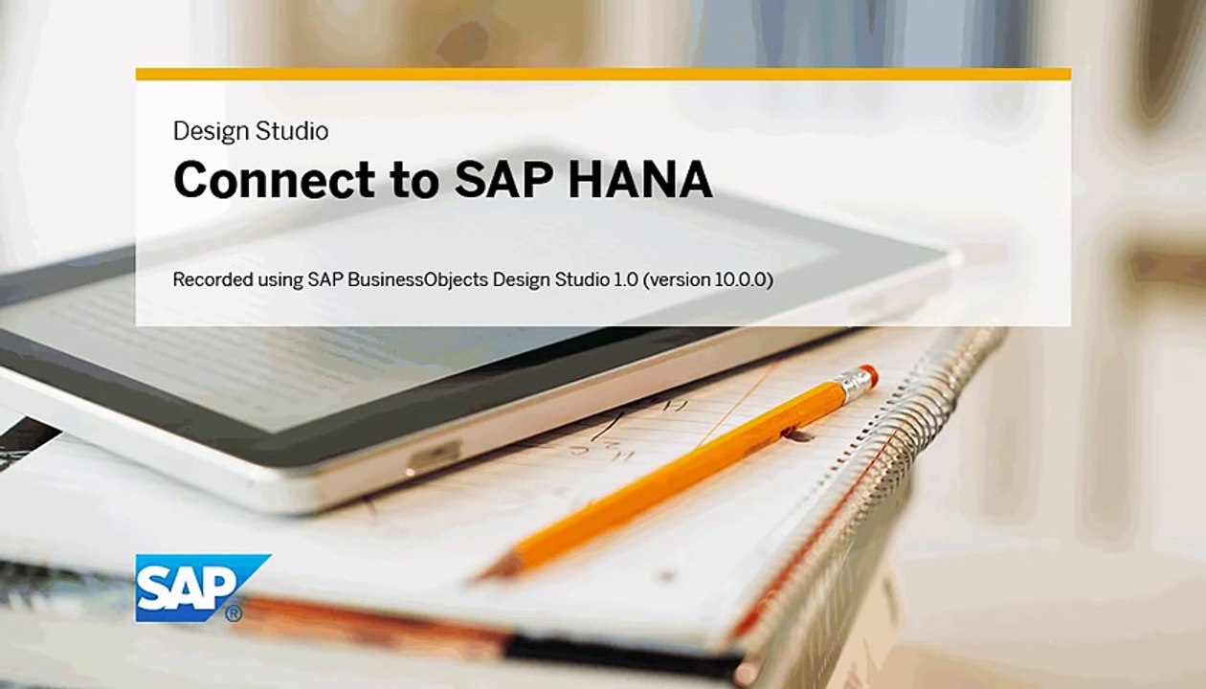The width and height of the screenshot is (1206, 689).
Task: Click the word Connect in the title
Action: pos(274,179)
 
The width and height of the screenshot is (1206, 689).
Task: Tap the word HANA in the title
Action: pos(640,179)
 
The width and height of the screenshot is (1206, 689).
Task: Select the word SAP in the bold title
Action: pos(503,179)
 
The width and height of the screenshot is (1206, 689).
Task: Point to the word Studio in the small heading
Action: pos(292,131)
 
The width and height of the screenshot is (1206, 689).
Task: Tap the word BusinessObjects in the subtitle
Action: pos(417,279)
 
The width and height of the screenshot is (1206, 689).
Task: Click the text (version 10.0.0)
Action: pos(708,279)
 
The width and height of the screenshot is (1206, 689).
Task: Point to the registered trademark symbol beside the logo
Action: pos(234,613)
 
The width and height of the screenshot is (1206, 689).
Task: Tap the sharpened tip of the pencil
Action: pos(477,578)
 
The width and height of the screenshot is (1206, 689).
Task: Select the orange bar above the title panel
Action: pos(603,75)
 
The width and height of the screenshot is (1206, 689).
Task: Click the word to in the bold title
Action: pos(414,180)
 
